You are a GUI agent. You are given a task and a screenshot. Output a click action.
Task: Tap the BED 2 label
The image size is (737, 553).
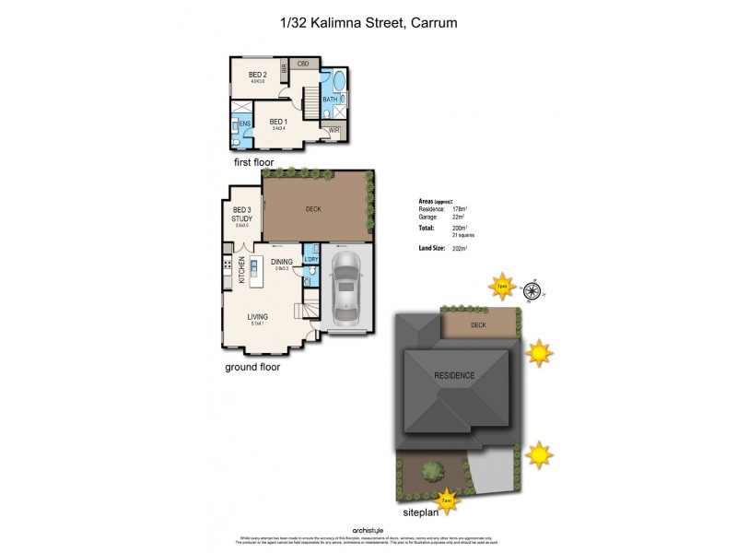tap(258, 75)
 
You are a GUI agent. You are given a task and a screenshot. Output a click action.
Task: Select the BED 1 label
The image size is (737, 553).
tap(277, 122)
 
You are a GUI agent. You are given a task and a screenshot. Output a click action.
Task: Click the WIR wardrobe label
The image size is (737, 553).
tap(333, 130)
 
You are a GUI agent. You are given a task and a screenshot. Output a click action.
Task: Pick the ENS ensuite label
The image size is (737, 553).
tap(244, 124)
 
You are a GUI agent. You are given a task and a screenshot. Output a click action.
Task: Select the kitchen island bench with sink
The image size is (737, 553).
tap(255, 269)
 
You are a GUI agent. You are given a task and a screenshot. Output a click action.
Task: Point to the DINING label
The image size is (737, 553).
tap(282, 262)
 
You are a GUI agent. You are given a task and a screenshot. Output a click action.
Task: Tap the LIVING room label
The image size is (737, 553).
tap(257, 317)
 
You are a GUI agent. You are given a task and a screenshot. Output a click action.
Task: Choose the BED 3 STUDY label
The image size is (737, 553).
tap(241, 215)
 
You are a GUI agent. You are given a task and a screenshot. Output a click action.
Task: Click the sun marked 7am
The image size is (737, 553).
tap(447, 500)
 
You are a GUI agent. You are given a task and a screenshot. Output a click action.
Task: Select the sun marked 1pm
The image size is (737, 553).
tap(502, 285)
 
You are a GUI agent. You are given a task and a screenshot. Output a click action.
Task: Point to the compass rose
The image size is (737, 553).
tap(532, 292)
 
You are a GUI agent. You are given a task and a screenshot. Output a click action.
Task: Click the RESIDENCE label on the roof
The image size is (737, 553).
tap(455, 375)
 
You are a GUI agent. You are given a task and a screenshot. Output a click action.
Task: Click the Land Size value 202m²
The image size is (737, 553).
tap(460, 248)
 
